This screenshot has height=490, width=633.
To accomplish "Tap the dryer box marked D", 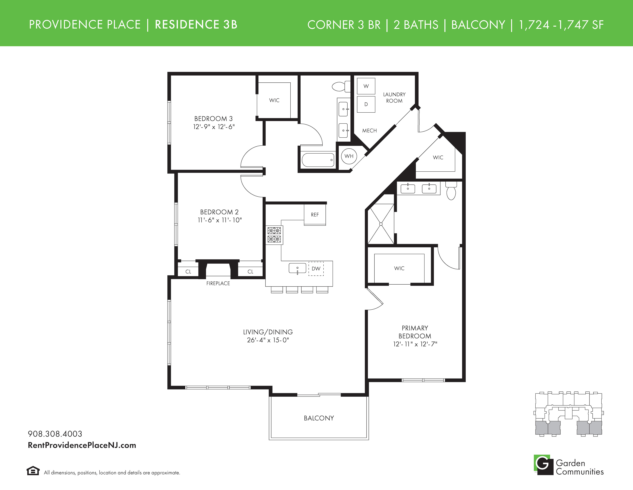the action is coord(366,104).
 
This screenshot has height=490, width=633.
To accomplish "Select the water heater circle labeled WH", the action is coord(349,156).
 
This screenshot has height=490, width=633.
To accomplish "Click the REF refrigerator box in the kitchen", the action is coord(315,215).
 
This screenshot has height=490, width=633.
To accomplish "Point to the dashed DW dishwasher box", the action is coord(316,268).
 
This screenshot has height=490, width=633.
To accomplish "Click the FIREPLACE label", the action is coord(218,283).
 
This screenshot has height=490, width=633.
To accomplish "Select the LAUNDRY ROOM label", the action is coord(394,98).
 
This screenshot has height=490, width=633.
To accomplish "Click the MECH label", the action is coord(370,131).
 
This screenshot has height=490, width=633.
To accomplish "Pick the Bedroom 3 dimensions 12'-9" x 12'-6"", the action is coord(214,127).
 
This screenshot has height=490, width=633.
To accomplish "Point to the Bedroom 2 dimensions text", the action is coord(220,220).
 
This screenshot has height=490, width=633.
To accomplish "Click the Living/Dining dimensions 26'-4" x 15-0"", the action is coord(268,340).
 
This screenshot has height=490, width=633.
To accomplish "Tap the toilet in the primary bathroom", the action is coord(451,191).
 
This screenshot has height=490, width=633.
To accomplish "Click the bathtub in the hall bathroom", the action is coord(318,160).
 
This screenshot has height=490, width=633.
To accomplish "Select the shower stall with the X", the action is coord(381,224).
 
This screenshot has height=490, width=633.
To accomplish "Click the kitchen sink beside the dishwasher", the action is coord(297,268).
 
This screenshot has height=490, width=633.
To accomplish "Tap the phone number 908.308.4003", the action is coord(55,434).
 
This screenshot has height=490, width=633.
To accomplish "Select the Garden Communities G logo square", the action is coord(543,465).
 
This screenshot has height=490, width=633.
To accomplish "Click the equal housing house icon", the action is coord(33,471).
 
